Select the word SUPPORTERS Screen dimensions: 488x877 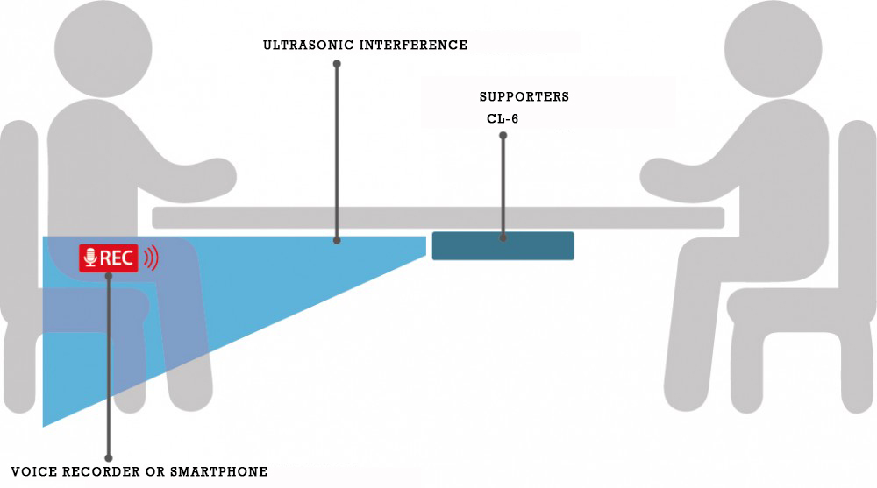pyautogui.click(x=524, y=97)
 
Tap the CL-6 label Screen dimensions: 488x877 pyautogui.click(x=503, y=118)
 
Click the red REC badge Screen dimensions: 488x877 pyautogui.click(x=110, y=258)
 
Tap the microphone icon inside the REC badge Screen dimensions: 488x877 pyautogui.click(x=89, y=258)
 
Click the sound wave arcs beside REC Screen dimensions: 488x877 pyautogui.click(x=152, y=258)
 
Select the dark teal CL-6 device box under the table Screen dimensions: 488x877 pyautogui.click(x=503, y=246)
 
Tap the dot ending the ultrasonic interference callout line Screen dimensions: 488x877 pyautogui.click(x=337, y=238)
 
